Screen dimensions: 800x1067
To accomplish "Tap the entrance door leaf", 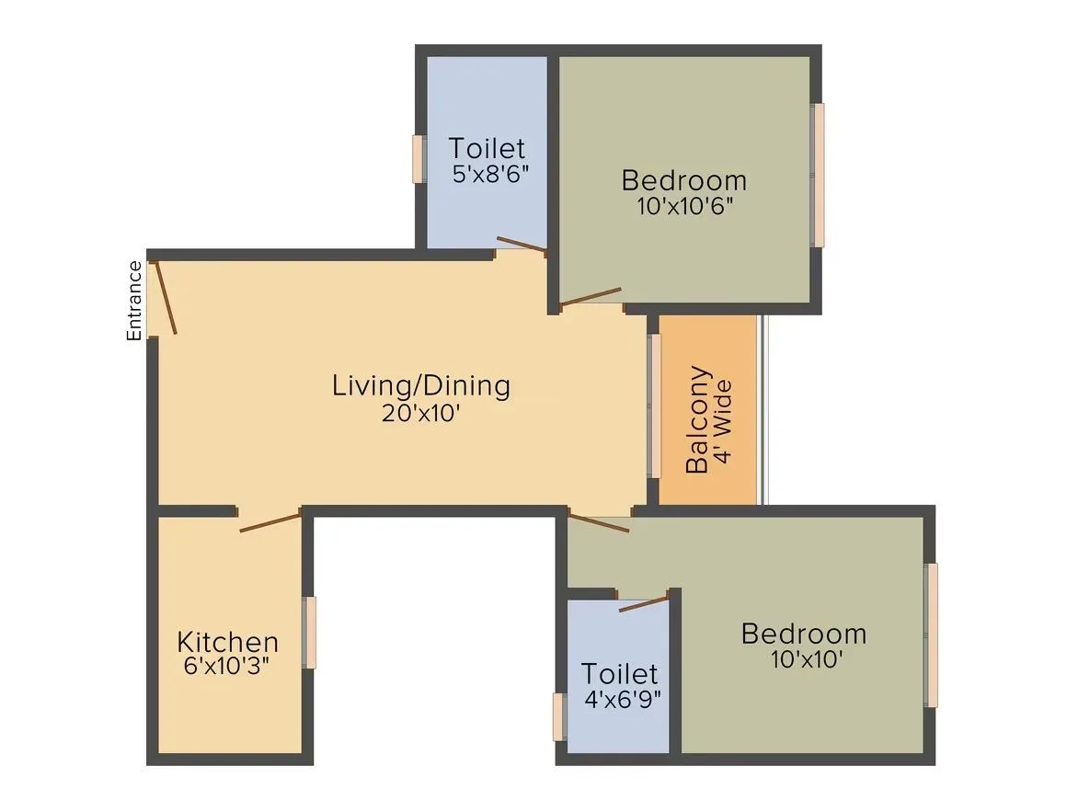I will pyautogui.click(x=165, y=297).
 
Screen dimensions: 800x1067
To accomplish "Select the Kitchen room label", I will pyautogui.click(x=227, y=642).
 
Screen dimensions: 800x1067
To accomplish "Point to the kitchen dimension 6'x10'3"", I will pyautogui.click(x=227, y=666).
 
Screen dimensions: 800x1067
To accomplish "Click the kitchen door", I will pyautogui.click(x=270, y=521).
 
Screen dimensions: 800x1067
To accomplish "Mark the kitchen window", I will pyautogui.click(x=310, y=633).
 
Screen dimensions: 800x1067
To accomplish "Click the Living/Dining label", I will pyautogui.click(x=420, y=385).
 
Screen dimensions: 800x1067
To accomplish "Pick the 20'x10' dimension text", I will pyautogui.click(x=420, y=413).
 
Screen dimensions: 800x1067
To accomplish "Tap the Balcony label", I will pyautogui.click(x=698, y=419).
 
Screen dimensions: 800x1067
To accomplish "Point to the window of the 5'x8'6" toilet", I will pyautogui.click(x=419, y=159).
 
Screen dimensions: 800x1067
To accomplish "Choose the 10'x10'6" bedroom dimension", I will pyautogui.click(x=683, y=205).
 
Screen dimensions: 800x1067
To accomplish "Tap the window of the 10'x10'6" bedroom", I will pyautogui.click(x=818, y=175).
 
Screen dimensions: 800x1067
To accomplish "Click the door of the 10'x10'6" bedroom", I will pyautogui.click(x=591, y=296).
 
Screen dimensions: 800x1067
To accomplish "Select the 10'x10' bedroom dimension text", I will pyautogui.click(x=803, y=658).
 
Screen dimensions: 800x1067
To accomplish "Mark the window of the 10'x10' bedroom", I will pyautogui.click(x=932, y=634).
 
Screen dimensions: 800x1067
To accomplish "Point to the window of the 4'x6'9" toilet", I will pyautogui.click(x=558, y=717).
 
